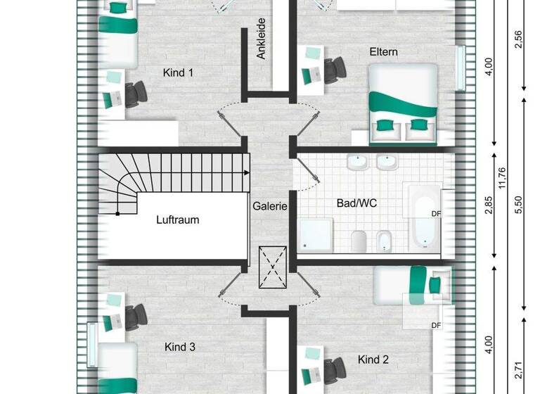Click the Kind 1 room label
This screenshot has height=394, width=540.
point(178,72)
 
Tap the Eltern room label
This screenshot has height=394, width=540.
point(384,51)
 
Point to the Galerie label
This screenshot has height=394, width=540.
point(271,206)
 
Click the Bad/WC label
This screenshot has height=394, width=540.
point(357,203)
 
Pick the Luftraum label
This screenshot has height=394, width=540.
point(177,220)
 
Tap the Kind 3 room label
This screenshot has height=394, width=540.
point(180,347)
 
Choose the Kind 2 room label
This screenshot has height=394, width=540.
point(373,360)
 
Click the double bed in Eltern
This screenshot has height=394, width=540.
point(403,100)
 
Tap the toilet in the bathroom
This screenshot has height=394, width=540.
point(357,240)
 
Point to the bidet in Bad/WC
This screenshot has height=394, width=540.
point(385,241)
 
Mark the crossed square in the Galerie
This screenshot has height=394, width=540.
point(273,267)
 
